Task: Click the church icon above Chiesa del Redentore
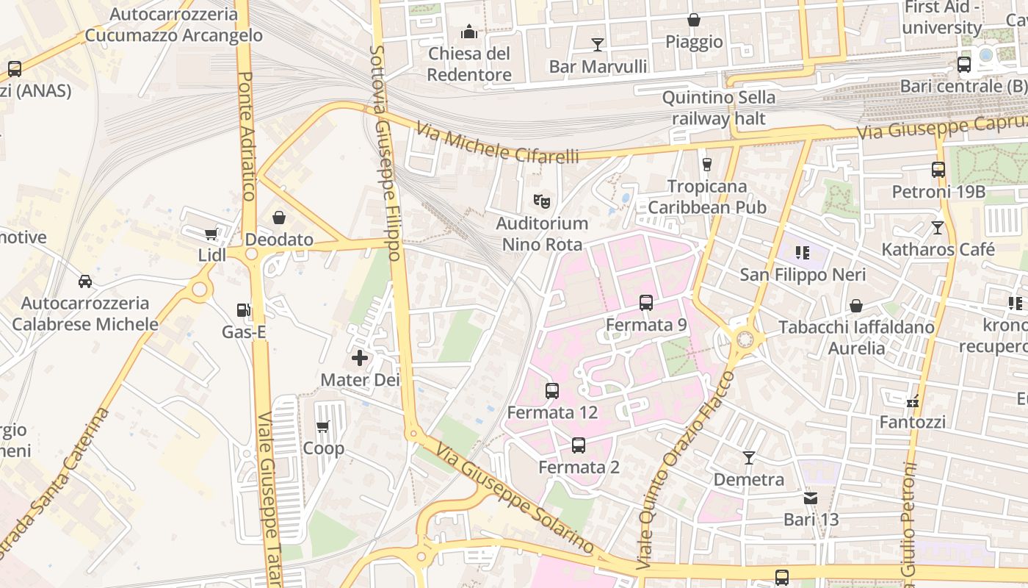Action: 468,32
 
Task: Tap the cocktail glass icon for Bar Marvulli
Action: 598,45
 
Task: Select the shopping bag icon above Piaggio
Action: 693,20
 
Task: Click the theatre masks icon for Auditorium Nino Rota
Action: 542,201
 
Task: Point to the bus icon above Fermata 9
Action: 646,302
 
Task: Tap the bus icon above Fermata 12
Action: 552,391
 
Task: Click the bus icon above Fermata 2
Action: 579,445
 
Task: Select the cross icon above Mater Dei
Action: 360,358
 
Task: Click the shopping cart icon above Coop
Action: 322,426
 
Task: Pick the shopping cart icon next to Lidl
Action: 211,234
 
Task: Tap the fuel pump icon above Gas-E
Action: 244,311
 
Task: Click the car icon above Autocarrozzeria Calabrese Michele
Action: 85,281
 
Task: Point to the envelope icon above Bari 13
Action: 811,498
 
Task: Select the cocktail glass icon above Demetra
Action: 749,458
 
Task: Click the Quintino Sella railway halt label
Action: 718,108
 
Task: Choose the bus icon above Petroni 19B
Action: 938,170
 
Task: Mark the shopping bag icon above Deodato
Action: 279,218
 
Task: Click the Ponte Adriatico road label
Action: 247,136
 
